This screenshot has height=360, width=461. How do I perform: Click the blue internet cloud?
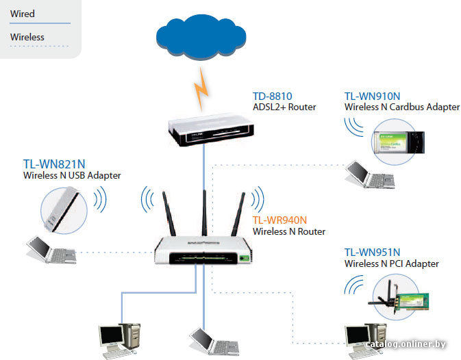coord(201,37)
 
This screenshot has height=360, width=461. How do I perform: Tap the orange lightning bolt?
coord(201,89)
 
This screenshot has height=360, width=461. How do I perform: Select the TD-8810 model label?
coord(272,97)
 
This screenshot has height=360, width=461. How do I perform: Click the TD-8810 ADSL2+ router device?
coord(211,130)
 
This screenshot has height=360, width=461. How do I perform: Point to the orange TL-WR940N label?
coord(279,220)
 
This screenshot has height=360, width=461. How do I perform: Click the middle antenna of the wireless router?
coord(204,213)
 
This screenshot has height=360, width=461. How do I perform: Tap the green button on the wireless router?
coord(244,259)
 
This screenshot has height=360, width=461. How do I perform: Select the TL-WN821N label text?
coord(54,164)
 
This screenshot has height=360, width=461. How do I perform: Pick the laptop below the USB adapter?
coord(51,250)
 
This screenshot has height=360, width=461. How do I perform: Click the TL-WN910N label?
coord(372,97)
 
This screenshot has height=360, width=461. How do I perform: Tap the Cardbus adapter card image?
coord(398,142)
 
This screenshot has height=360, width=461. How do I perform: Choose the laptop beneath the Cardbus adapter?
coord(370,175)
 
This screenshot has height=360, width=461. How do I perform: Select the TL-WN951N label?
coord(372,253)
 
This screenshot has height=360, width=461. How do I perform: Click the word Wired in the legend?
coord(23,14)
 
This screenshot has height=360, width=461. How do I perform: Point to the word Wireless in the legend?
coord(27,37)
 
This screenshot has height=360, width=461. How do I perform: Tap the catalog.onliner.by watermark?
coord(406,344)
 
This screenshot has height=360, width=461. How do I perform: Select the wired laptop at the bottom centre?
coord(214,342)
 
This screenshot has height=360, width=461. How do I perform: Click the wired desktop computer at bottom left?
coord(119,342)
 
